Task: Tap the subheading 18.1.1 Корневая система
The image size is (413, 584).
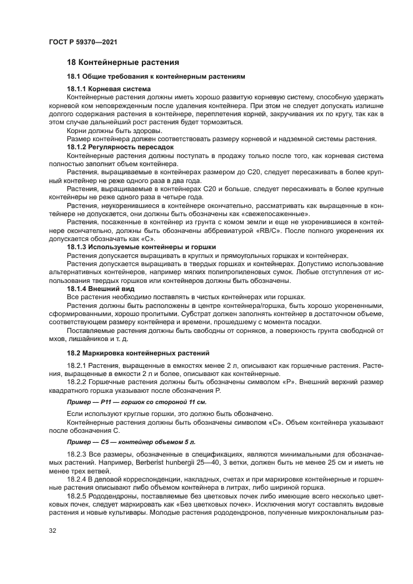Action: pos(108,89)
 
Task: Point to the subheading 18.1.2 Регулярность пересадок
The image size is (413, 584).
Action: pos(119,146)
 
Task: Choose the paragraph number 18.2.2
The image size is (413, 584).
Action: pos(79,380)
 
